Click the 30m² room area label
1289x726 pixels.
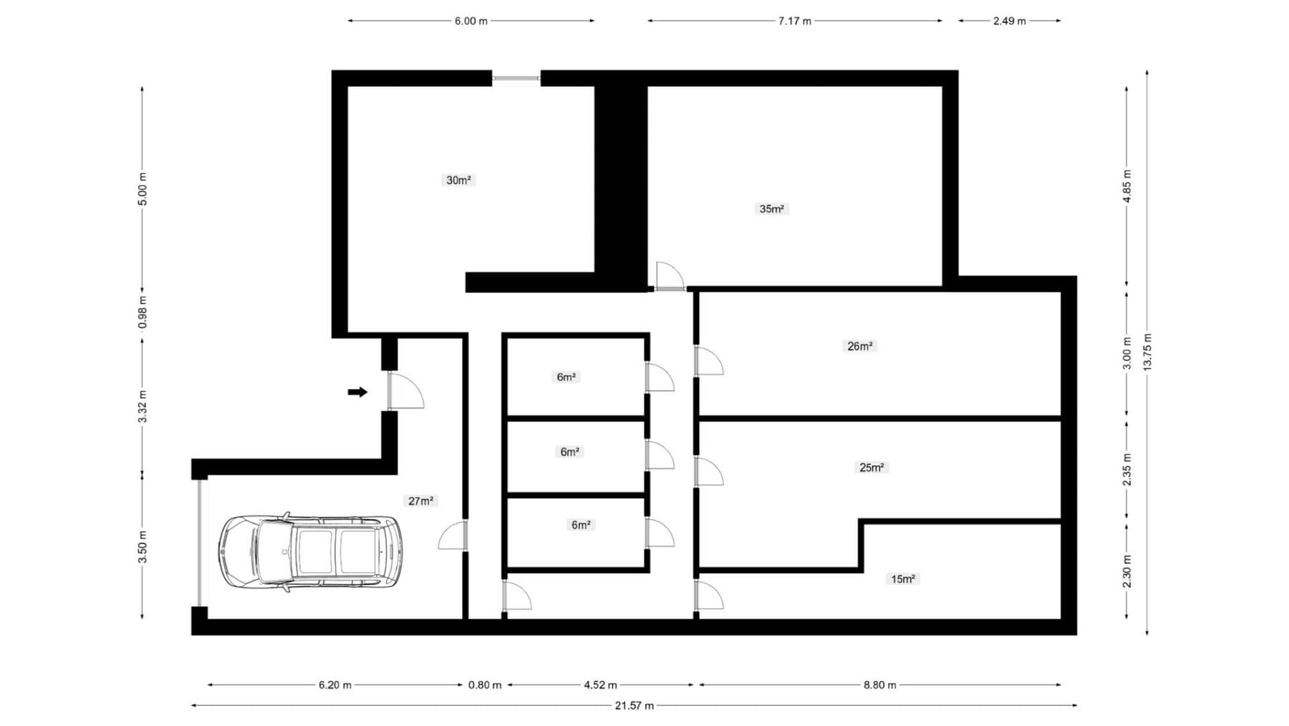coord(458,180)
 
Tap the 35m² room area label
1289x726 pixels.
coord(771,209)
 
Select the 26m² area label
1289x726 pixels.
coord(859,346)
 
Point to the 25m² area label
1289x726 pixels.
coord(872,467)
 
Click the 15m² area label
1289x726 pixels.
coord(903,578)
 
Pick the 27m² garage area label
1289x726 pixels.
coord(420,501)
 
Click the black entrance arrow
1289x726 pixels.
coord(357,392)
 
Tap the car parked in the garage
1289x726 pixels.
coord(309,552)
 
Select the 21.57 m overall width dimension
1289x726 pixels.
coord(634,706)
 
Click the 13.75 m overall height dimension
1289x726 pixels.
coord(1147,351)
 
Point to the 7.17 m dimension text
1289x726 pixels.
coord(795,21)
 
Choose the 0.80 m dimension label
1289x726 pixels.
coord(485,685)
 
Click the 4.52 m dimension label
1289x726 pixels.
coord(600,685)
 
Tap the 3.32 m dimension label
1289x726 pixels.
coord(143,406)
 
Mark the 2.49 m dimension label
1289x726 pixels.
coord(1009,21)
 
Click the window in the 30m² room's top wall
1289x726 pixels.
coord(516,78)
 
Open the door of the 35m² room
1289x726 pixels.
coord(670,277)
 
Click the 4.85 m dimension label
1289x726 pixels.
coord(1126,186)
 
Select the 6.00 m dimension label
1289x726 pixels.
coord(470,21)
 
